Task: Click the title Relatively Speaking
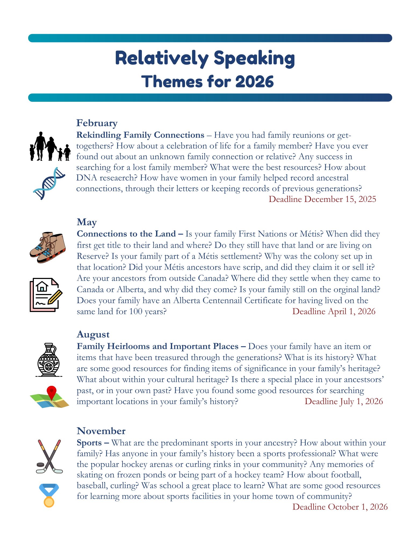205,59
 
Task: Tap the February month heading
97,123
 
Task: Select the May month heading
86,222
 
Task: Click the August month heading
93,335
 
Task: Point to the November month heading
101,431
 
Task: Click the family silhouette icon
50,147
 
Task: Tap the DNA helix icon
49,183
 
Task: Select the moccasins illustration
48,247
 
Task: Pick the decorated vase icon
49,360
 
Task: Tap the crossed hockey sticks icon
49,456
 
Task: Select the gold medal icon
49,496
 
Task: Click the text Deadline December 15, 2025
322,199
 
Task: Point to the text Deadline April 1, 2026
334,311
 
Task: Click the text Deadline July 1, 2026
344,401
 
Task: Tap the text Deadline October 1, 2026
340,507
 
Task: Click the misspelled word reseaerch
118,178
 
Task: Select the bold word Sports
89,443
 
